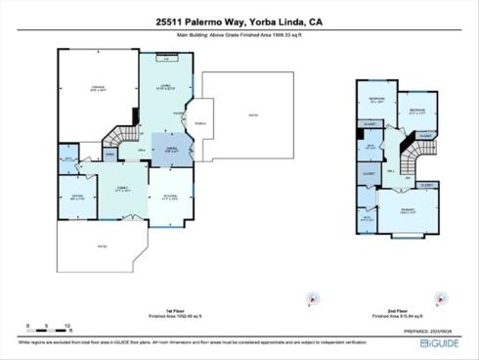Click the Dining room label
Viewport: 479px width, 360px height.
(170, 150)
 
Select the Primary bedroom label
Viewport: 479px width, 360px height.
(408, 210)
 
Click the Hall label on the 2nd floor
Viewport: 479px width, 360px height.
(389, 170)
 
